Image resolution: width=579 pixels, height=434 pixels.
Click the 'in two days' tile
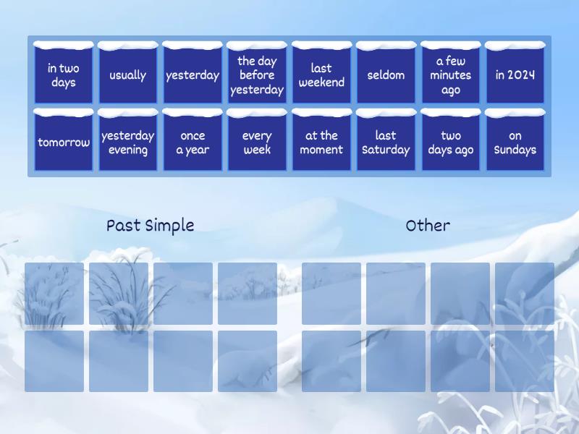[64, 75]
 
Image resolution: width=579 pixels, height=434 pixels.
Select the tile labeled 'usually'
[127, 75]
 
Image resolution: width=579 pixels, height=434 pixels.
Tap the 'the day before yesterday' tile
[257, 75]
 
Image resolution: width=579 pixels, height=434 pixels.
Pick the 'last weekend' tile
[321, 75]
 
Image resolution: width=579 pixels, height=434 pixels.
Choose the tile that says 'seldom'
[386, 75]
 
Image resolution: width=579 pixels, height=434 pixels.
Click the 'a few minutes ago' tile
[450, 75]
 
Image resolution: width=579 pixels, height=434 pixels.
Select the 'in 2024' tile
[515, 75]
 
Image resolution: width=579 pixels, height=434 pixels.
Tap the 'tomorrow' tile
[64, 142]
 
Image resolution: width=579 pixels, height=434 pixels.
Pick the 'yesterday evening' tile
[127, 142]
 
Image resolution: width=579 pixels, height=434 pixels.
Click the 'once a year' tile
[193, 142]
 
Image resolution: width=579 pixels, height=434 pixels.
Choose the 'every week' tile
[257, 142]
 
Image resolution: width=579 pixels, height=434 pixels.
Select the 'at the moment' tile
[321, 142]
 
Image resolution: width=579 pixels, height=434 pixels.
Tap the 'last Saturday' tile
[386, 142]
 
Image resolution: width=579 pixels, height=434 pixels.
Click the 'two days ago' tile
[450, 142]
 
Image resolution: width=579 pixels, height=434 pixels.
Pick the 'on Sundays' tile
[515, 142]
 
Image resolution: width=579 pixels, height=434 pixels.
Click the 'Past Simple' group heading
[150, 226]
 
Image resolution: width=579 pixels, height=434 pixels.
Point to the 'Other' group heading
[428, 226]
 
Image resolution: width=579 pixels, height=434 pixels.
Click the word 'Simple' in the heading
[169, 226]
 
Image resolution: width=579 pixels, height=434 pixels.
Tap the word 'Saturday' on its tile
[386, 150]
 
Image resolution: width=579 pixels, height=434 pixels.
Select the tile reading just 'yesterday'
[193, 75]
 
